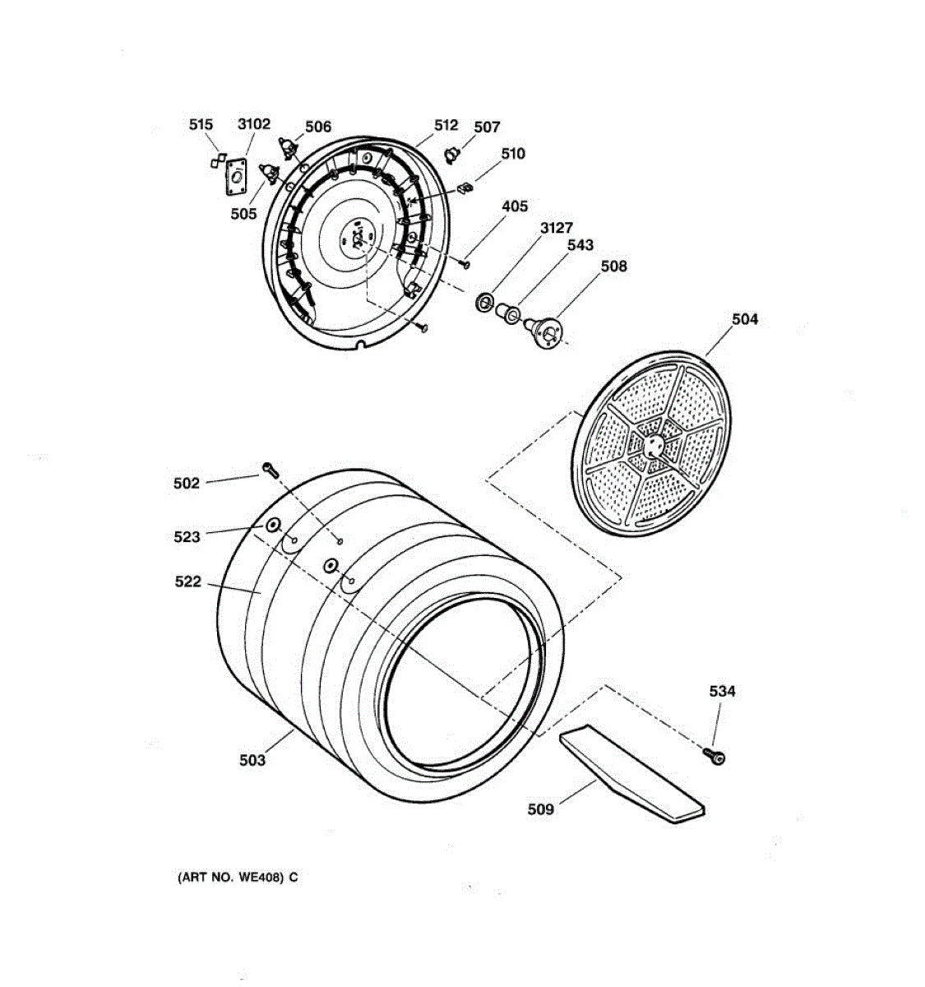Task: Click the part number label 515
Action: (x=201, y=125)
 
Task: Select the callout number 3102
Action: (x=253, y=124)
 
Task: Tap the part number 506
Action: (x=318, y=127)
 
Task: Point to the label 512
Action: (x=446, y=125)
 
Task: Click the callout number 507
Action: (x=487, y=127)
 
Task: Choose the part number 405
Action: (x=515, y=206)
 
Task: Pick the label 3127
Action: (x=557, y=228)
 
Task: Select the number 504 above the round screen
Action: (x=745, y=319)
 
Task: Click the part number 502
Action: (x=187, y=484)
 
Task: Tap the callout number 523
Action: (x=187, y=537)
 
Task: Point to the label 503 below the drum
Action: (x=252, y=761)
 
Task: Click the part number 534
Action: (x=722, y=692)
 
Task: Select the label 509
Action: (x=541, y=809)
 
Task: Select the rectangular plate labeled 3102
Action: (x=237, y=177)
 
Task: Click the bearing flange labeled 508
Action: (x=545, y=332)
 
